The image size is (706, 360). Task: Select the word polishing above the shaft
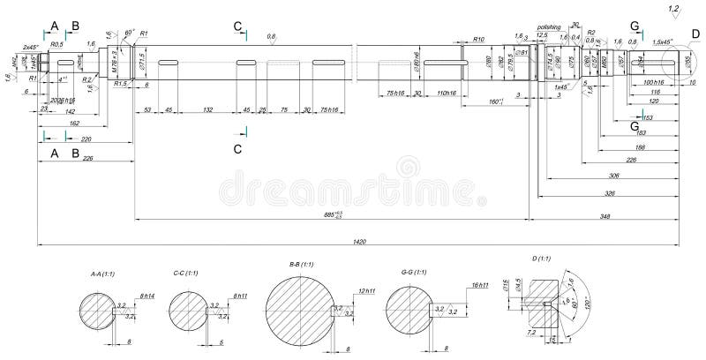click(549, 27)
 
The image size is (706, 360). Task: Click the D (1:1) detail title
click(541, 259)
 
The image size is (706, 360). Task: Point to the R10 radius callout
click(477, 40)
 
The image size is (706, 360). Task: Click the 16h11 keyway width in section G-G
click(481, 285)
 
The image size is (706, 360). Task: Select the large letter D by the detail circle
click(695, 34)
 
